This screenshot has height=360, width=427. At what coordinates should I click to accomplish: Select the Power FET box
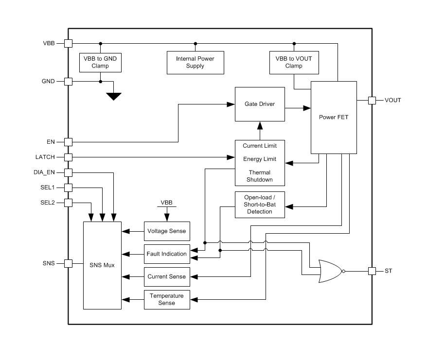coord(333,117)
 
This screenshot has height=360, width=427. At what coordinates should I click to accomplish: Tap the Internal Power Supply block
coord(195,62)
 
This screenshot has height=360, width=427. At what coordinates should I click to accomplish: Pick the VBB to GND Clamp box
coord(100,62)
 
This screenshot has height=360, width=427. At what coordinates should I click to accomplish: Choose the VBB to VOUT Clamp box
coord(294,62)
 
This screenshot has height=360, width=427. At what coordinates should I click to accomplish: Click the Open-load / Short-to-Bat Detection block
coord(259,204)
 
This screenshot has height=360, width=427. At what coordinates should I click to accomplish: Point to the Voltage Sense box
coord(166,231)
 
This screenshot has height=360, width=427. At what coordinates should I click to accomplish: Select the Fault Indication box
coord(166,254)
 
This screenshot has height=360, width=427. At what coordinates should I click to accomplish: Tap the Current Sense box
coord(166,276)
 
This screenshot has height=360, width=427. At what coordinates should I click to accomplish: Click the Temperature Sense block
coord(166,299)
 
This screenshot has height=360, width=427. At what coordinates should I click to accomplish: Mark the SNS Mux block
coord(102,265)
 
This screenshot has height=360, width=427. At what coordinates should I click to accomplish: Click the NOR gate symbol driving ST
coord(330,271)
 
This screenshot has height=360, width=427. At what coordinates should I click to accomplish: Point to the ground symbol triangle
coord(114,96)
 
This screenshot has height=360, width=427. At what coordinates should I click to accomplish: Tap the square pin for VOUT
coord(372,101)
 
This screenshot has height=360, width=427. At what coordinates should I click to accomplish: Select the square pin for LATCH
coord(69,157)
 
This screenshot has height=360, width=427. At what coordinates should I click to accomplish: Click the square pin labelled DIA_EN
coord(69,172)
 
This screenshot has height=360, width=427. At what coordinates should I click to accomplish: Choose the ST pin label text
coord(388,271)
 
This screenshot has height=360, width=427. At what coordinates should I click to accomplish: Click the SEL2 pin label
coord(48,202)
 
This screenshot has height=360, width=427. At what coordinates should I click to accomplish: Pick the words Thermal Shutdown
coord(259,176)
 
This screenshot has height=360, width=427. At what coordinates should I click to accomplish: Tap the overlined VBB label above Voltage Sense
coord(166,202)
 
